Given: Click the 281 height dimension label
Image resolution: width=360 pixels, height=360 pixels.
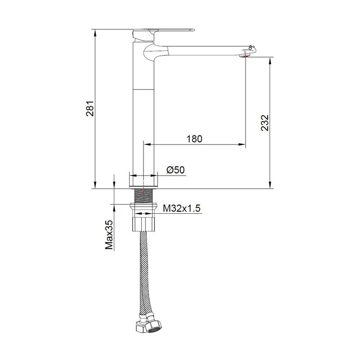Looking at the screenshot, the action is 90,108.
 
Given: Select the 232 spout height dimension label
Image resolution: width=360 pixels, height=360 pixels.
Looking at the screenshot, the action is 265,122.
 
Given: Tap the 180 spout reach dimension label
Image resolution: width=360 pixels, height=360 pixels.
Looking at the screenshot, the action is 194,139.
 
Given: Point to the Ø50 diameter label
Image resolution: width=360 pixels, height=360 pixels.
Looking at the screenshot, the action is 175,170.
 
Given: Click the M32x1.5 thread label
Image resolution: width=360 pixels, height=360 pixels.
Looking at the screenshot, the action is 182,208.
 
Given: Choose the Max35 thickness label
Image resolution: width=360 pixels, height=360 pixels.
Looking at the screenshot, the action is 109,235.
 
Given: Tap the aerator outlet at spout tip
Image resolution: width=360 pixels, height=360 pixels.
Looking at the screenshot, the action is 244,55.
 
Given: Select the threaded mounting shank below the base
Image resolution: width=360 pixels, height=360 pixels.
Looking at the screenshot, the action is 144,196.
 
